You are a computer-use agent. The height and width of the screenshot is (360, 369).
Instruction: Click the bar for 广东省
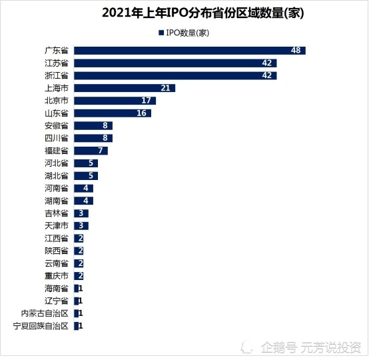coord(190,51)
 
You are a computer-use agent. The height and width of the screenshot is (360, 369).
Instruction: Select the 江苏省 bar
coord(175,63)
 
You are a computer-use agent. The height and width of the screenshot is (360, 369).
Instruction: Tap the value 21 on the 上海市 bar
coord(165,88)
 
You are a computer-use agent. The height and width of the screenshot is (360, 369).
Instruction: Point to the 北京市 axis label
coord(57,101)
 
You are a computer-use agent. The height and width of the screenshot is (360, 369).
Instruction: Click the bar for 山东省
coord(113,113)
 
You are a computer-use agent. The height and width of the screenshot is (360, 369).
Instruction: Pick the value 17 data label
coord(146,101)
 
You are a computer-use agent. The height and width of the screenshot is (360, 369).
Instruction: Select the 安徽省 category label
coord(57,125)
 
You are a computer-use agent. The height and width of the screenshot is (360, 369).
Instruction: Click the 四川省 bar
coord(93,138)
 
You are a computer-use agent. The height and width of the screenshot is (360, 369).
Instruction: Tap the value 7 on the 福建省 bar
coord(101,151)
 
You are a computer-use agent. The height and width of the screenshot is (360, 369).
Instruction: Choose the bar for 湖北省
coord(86,176)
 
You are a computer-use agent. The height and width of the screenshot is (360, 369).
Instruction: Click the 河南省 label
coord(57,188)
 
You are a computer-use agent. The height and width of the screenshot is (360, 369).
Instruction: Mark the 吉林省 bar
coord(81,213)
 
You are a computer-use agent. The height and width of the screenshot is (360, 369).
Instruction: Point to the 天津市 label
coord(57,226)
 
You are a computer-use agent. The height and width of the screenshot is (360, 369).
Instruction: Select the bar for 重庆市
coord(79,276)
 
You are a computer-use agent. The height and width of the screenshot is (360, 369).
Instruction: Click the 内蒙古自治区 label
coord(45,313)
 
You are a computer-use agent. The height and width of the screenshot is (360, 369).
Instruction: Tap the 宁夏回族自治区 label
coord(41,326)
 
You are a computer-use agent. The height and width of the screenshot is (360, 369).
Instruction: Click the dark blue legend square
coord(161,33)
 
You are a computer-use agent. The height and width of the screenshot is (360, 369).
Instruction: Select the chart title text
coord(203,13)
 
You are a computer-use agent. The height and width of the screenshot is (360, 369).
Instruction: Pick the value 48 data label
coord(296,51)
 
